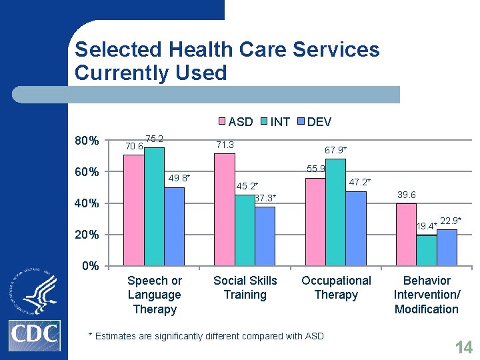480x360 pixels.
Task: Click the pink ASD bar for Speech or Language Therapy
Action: tap(134, 210)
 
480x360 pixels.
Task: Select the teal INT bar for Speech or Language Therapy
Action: tap(154, 207)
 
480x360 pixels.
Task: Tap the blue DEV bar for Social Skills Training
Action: tap(265, 236)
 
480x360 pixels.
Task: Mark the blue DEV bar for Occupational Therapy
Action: tap(356, 229)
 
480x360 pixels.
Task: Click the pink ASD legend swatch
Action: tap(223, 122)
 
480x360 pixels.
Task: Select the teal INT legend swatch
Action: tap(264, 122)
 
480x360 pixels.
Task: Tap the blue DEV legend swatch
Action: tap(301, 122)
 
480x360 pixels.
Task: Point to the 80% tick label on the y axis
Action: tap(87, 141)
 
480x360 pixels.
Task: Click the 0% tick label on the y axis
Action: tap(90, 266)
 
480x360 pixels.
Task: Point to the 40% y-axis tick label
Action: tap(87, 203)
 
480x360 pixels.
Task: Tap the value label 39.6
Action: tap(406, 194)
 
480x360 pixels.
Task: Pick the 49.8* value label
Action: tap(179, 178)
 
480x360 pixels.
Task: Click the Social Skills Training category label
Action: tap(245, 288)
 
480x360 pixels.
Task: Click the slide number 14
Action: tap(463, 347)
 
